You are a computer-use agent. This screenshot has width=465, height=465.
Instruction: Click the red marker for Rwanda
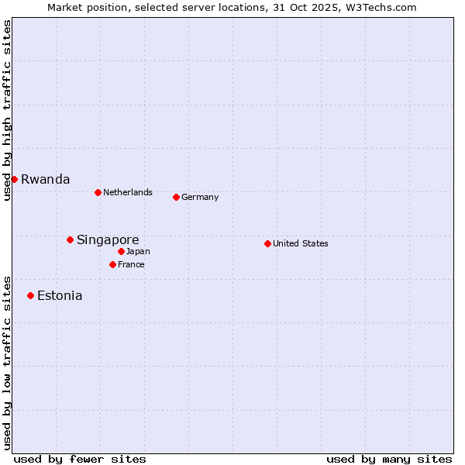click(x=14, y=179)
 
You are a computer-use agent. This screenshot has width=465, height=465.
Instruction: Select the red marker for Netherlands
click(x=98, y=192)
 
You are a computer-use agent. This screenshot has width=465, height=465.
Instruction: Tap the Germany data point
click(x=176, y=197)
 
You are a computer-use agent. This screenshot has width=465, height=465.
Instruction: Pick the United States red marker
click(x=267, y=243)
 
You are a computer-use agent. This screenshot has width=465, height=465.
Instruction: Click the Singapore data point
click(x=70, y=239)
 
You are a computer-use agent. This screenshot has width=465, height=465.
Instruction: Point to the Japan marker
click(x=121, y=251)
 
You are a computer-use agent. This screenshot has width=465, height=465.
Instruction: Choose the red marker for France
click(x=112, y=264)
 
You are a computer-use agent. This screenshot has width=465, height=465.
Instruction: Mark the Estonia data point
click(x=30, y=295)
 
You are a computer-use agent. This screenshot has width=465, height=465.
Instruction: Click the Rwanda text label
click(x=45, y=179)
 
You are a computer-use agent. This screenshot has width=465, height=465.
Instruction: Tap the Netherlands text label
click(x=127, y=192)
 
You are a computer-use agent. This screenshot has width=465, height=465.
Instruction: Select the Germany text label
click(x=200, y=197)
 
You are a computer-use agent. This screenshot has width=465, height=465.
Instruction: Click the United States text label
click(x=300, y=243)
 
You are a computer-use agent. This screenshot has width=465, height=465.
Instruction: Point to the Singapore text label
click(x=108, y=239)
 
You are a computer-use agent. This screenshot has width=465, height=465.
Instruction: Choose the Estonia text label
click(x=60, y=295)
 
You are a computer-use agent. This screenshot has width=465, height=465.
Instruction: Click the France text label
click(x=131, y=264)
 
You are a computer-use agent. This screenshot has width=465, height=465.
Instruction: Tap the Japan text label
click(x=138, y=251)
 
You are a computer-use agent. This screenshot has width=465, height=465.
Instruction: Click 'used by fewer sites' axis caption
click(x=80, y=459)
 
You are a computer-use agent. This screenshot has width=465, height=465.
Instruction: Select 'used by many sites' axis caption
click(x=389, y=459)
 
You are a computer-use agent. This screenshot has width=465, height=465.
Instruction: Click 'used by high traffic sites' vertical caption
click(x=7, y=110)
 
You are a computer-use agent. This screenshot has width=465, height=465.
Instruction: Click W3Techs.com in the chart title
click(x=380, y=7)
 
